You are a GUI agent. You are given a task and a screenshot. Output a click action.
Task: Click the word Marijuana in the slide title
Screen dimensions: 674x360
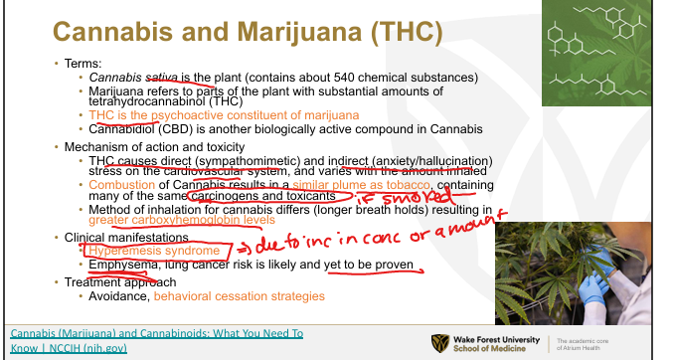coord(299,32)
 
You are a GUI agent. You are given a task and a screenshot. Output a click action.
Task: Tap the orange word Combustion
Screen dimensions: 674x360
coord(121,185)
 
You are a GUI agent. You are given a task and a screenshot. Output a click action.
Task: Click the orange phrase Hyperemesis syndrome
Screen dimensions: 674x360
coord(154,251)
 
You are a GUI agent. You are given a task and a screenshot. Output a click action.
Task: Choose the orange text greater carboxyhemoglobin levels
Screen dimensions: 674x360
coord(182,220)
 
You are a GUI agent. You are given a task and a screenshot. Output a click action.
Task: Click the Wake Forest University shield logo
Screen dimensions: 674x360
coord(440,343)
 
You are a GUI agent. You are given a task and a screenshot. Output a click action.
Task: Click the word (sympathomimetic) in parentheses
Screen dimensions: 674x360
coord(248,161)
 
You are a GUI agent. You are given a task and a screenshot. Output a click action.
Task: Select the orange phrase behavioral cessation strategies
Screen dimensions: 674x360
coord(239,296)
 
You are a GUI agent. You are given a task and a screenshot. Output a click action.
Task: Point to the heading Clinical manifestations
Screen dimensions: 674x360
coord(126,238)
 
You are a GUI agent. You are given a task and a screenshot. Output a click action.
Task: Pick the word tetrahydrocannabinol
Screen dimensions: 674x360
coord(147,101)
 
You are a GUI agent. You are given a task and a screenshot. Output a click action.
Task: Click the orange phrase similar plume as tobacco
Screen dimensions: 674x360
coord(361,185)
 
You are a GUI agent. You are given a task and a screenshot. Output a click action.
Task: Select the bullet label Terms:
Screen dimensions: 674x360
coord(83,64)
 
